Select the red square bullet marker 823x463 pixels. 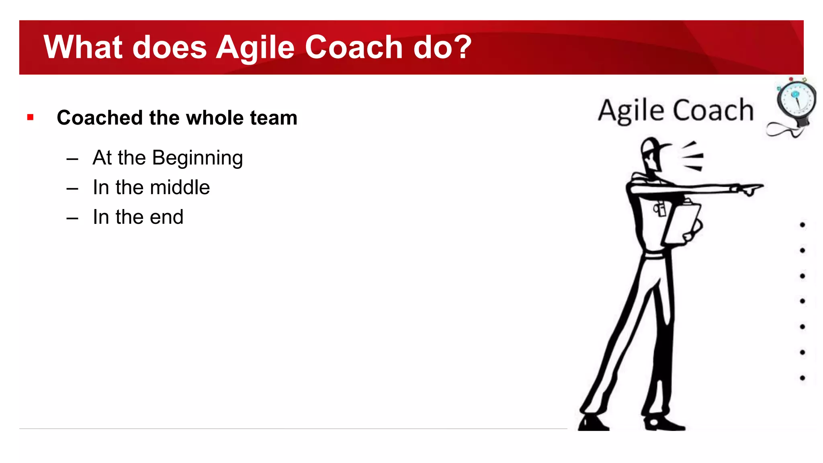(31, 117)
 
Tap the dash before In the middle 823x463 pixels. (72, 188)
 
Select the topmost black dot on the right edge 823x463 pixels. (803, 225)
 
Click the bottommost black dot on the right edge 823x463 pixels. (803, 378)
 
